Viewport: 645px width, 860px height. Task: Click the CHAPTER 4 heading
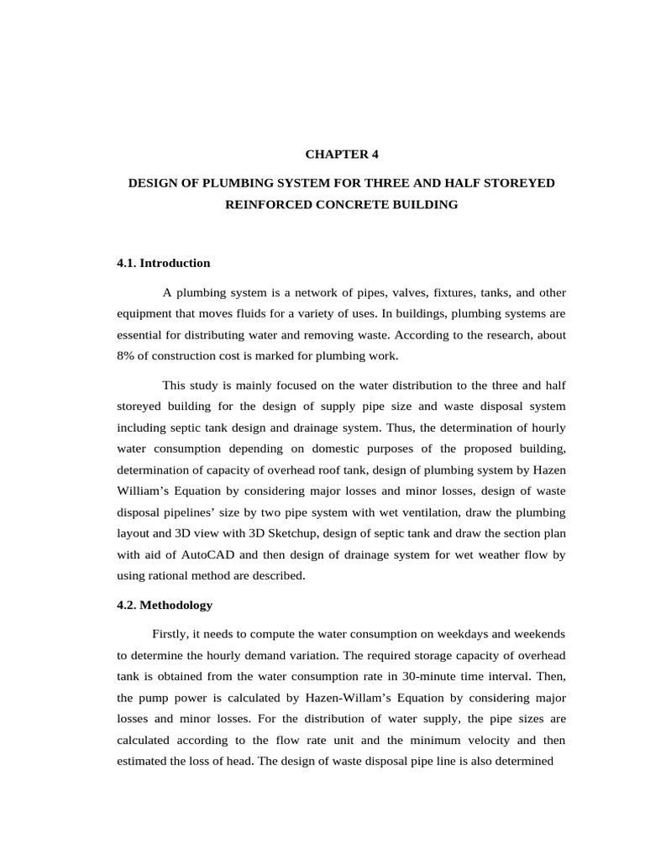click(x=335, y=155)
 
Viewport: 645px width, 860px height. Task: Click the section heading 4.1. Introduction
click(x=164, y=263)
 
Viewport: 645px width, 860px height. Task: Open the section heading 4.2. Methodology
click(x=165, y=605)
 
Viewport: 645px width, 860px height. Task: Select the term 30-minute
click(x=400, y=676)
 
